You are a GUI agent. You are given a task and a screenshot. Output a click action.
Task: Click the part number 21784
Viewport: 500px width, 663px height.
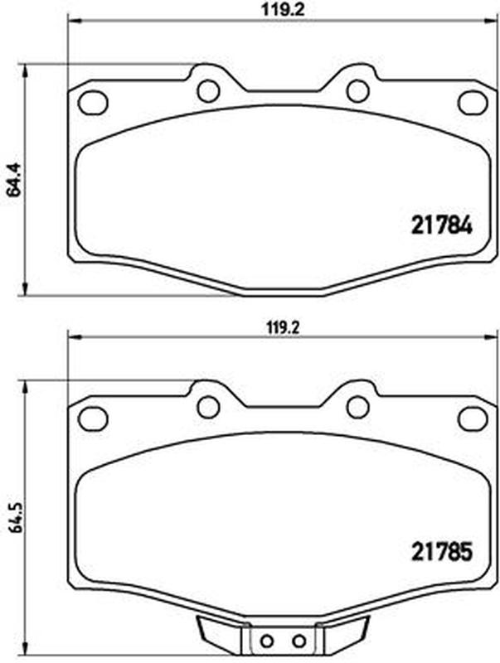[441, 227]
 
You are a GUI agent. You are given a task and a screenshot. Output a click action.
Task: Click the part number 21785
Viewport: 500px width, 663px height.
[441, 552]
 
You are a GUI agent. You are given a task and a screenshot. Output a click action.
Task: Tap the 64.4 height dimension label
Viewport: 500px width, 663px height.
[15, 180]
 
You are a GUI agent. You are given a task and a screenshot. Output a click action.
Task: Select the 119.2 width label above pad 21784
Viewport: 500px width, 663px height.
[283, 10]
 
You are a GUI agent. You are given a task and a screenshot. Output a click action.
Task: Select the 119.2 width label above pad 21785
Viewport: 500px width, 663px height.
[283, 327]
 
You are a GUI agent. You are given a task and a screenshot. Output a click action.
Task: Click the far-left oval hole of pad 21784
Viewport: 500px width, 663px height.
[93, 103]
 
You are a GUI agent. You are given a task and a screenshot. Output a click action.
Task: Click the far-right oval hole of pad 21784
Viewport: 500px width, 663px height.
[473, 103]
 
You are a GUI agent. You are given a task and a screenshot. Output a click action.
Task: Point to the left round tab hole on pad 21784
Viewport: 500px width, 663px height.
[209, 90]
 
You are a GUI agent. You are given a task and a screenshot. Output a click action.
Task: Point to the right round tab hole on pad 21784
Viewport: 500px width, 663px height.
[358, 90]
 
